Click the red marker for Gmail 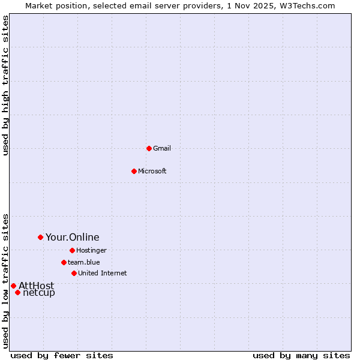click(149, 148)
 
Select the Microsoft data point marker click(134, 171)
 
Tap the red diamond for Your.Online click(40, 237)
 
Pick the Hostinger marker click(72, 250)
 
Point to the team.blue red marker click(64, 262)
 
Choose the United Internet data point click(74, 273)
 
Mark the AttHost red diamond click(13, 286)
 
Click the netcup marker click(18, 292)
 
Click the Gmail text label click(162, 148)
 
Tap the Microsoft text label click(152, 171)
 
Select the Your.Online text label click(73, 237)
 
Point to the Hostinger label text click(91, 250)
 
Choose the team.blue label click(84, 262)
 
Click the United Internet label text click(103, 273)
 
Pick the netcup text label click(39, 293)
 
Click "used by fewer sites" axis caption click(62, 355)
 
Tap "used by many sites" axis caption click(301, 355)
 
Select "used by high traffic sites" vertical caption click(5, 85)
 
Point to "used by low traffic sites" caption click(5, 280)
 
